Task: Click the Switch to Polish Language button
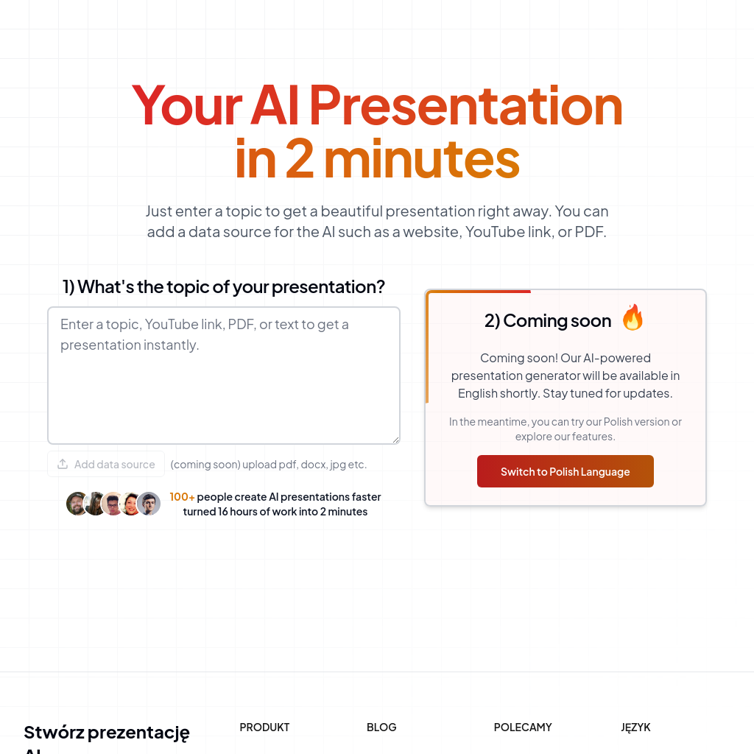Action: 565,471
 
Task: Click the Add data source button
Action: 106,464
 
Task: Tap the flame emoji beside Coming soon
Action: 633,318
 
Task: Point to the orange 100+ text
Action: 182,497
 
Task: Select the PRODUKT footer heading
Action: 264,727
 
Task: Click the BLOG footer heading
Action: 381,727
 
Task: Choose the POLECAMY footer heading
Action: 523,727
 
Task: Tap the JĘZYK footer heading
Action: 635,727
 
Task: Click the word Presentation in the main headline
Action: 465,105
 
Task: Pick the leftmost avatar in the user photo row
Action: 77,504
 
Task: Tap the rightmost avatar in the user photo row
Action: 149,504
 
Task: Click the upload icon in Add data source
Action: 63,464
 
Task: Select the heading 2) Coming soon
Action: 547,320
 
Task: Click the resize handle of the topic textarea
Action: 395,440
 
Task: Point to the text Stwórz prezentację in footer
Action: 107,733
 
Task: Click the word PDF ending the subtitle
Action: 589,232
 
